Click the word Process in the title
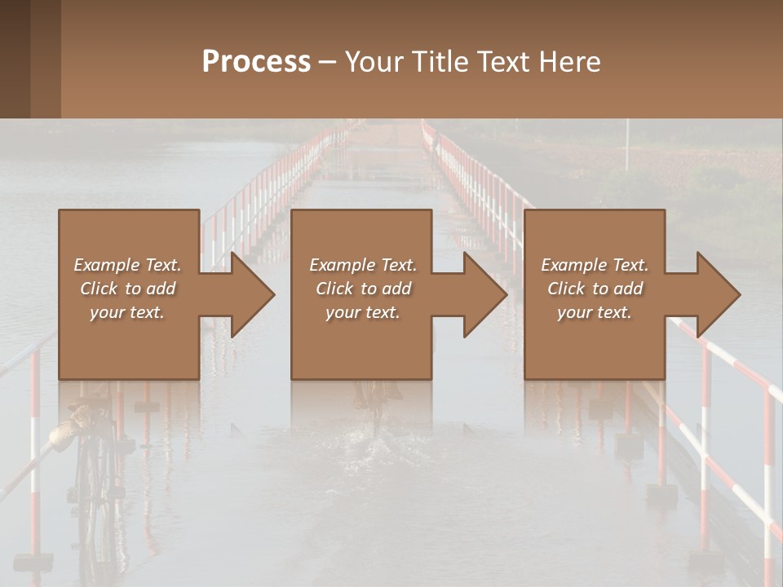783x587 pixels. click(256, 61)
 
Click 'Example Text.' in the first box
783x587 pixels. click(127, 265)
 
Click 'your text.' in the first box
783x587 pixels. click(127, 312)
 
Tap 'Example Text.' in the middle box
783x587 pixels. click(362, 265)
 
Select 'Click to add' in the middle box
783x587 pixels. click(362, 289)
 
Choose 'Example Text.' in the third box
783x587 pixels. click(595, 265)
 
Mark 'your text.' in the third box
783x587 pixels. click(595, 312)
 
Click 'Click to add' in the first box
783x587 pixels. click(127, 289)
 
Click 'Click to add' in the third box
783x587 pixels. click(595, 289)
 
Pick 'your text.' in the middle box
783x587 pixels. click(362, 312)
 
